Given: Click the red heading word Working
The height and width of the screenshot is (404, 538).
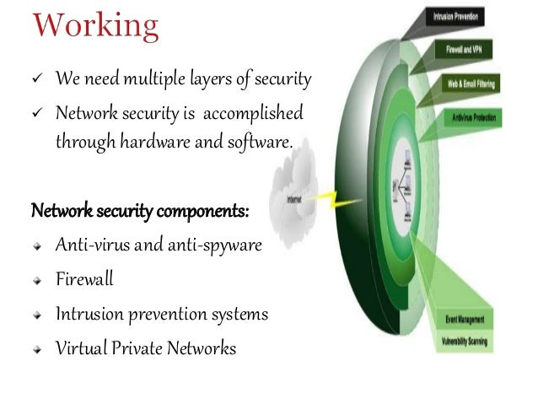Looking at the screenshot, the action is click(x=95, y=28).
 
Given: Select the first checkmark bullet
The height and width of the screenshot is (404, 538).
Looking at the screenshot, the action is click(x=38, y=80).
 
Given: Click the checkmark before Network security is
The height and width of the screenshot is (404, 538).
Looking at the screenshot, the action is click(x=38, y=114).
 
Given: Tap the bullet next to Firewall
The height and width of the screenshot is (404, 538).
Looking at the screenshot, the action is click(x=38, y=280).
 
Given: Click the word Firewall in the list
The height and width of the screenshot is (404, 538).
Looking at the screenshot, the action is click(x=84, y=280).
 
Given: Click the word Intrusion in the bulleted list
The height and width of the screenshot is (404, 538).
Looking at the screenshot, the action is click(x=89, y=315).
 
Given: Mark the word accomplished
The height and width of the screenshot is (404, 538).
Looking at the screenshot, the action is click(x=254, y=114).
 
